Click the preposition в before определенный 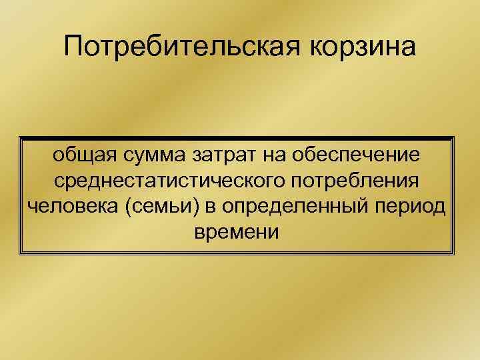211,207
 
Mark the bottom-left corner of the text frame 22,254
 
